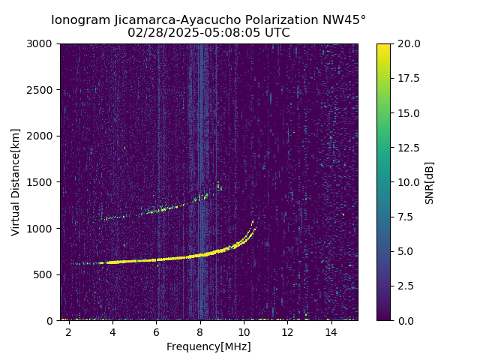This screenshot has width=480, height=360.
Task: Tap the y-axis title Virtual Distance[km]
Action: [16, 181]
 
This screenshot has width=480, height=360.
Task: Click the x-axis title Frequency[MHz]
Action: [208, 346]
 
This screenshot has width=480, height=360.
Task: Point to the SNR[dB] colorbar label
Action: [429, 182]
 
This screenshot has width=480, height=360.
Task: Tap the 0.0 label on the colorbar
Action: [405, 320]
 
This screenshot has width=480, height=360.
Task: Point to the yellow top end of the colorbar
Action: [383, 46]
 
